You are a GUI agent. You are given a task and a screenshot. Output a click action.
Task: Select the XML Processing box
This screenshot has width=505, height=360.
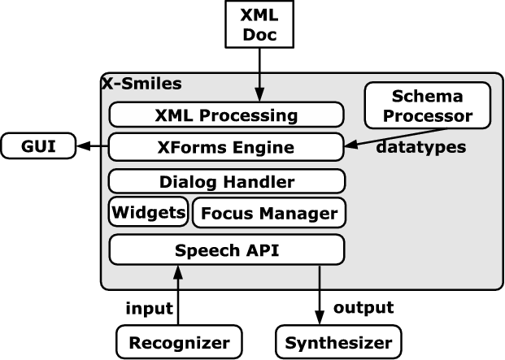226,115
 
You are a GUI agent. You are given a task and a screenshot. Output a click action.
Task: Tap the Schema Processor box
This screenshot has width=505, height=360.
428,106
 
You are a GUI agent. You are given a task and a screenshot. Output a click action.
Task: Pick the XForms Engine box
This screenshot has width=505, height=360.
226,147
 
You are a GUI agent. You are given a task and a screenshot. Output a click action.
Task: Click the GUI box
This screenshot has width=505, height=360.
38,147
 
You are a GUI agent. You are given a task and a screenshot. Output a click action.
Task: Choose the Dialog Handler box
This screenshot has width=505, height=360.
226,181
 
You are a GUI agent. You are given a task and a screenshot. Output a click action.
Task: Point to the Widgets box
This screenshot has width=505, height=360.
148,213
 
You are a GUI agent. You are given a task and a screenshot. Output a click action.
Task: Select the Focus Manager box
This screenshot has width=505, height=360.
268,213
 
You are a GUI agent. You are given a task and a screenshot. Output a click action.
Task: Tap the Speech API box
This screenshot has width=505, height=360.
226,249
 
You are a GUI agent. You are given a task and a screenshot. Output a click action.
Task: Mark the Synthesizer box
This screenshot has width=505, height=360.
337,340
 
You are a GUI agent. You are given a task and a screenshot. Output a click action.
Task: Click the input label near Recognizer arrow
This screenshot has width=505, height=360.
149,308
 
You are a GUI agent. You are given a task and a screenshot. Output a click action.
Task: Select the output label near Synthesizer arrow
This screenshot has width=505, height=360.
364,307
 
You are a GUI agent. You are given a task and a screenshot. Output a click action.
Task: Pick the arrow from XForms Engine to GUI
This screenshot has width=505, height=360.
91,147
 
